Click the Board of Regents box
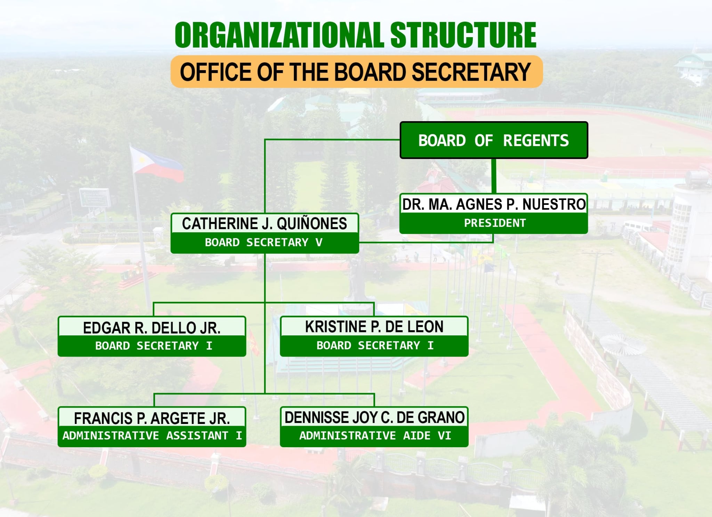[x=494, y=140]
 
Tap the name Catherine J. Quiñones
[x=265, y=224]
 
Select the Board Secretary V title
[x=264, y=242]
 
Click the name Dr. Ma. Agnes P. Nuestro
[x=494, y=204]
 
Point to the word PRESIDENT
[x=495, y=223]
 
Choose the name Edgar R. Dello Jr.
[x=152, y=328]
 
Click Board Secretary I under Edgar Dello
[x=154, y=346]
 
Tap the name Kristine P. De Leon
[x=374, y=327]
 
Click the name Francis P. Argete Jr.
[x=152, y=418]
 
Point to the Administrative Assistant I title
[x=152, y=436]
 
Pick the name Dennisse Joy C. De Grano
[x=374, y=417]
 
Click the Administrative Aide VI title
[x=375, y=436]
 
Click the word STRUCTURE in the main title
[x=463, y=35]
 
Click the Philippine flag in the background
[x=156, y=164]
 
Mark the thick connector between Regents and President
[x=494, y=176]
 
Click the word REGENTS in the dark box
[x=536, y=141]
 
